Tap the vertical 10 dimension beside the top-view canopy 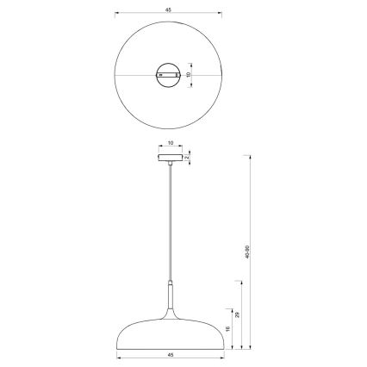pyautogui.click(x=189, y=75)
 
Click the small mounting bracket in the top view pyautogui.click(x=169, y=75)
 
